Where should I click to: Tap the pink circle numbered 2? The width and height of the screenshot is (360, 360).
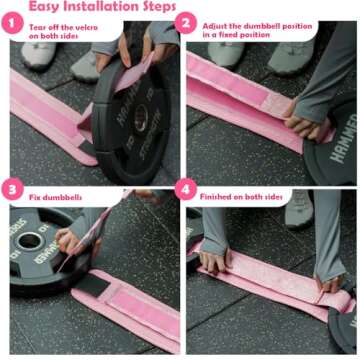pos(188,25)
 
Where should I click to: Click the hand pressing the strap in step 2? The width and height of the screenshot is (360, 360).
pos(301,108)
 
